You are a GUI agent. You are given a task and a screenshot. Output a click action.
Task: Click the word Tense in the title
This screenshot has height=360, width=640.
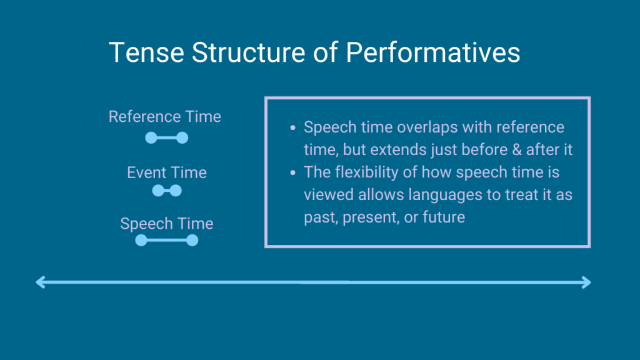(146, 52)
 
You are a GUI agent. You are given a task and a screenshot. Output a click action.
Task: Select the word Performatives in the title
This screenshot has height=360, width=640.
(433, 52)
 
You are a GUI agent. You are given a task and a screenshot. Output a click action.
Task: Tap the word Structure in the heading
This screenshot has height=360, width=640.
(248, 52)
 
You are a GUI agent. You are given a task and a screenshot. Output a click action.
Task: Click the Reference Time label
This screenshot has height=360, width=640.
(165, 117)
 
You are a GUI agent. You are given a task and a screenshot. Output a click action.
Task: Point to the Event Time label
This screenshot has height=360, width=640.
(167, 172)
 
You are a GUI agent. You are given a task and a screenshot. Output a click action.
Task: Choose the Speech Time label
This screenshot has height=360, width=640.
(167, 224)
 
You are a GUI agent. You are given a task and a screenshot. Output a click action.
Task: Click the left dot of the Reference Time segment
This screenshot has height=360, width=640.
(151, 138)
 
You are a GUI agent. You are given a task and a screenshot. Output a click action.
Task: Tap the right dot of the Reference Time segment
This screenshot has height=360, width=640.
(182, 138)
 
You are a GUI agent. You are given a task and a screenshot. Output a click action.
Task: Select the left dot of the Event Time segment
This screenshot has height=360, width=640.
(158, 191)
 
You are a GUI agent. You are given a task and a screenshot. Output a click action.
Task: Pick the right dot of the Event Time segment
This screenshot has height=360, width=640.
(176, 191)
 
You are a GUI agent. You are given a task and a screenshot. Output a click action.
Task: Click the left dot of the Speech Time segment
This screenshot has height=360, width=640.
(141, 241)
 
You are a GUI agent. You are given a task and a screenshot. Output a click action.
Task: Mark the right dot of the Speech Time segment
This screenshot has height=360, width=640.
(192, 241)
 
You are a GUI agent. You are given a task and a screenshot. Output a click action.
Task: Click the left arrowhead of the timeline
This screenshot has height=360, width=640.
(41, 282)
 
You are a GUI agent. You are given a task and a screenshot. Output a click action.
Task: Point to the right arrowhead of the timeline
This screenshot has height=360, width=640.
(586, 282)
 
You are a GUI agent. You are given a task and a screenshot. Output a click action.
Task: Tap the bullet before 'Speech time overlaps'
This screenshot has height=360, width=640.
(292, 127)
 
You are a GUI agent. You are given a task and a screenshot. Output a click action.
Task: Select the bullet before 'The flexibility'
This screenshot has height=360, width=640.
(292, 172)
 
